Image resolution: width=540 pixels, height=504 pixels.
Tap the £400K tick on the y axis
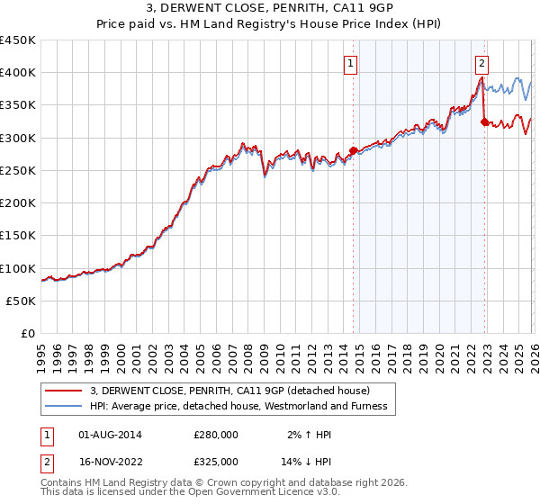(x=18, y=73)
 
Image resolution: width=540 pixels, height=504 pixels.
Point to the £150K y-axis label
(x=18, y=236)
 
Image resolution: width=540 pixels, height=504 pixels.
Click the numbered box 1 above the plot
(x=349, y=63)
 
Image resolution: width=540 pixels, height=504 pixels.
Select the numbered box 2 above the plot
(x=482, y=63)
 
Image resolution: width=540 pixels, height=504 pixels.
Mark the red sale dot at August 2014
(x=353, y=150)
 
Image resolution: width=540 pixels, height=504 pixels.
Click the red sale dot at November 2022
(x=485, y=121)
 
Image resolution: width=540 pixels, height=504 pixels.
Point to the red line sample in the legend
(x=65, y=391)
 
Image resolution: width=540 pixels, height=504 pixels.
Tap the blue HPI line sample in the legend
(x=65, y=406)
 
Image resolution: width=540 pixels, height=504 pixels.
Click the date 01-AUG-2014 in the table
(x=110, y=434)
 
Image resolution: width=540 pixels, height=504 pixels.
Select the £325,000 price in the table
(x=216, y=461)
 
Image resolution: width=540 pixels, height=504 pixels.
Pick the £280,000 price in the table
(x=216, y=434)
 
